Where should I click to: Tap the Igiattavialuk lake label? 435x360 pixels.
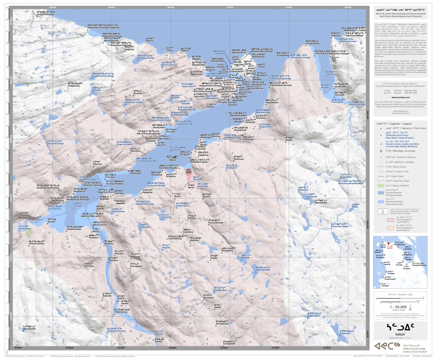347,333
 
